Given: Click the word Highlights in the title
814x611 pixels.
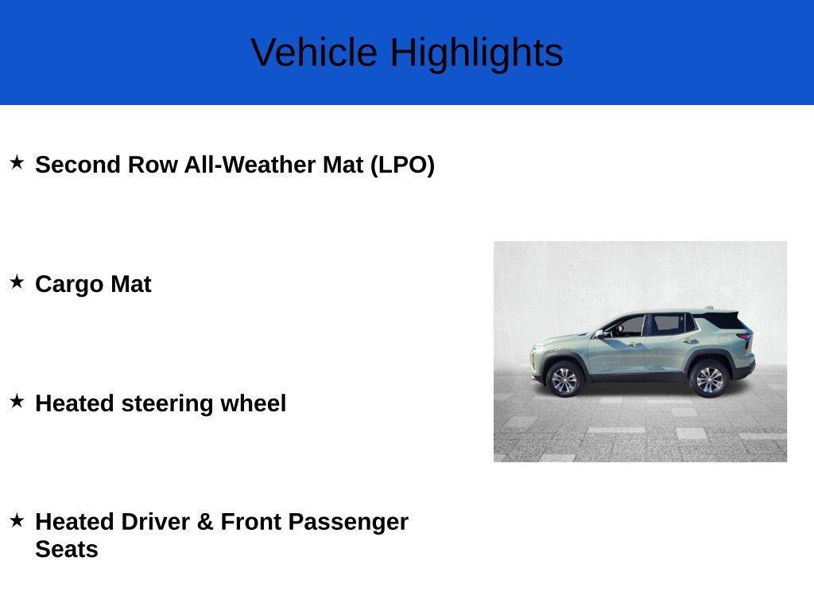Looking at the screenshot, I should (x=476, y=53).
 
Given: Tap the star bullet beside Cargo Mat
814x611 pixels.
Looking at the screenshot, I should (x=17, y=282).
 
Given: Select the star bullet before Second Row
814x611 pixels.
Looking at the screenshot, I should (x=17, y=163).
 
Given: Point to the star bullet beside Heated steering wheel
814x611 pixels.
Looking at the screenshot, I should (x=17, y=402).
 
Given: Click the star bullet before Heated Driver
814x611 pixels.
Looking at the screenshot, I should (x=17, y=521).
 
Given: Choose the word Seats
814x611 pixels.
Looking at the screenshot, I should (x=67, y=550).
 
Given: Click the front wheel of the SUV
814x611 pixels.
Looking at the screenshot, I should (x=564, y=379).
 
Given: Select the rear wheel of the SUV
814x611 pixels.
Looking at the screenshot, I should (x=709, y=379).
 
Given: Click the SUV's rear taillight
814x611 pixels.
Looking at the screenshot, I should (x=745, y=336).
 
